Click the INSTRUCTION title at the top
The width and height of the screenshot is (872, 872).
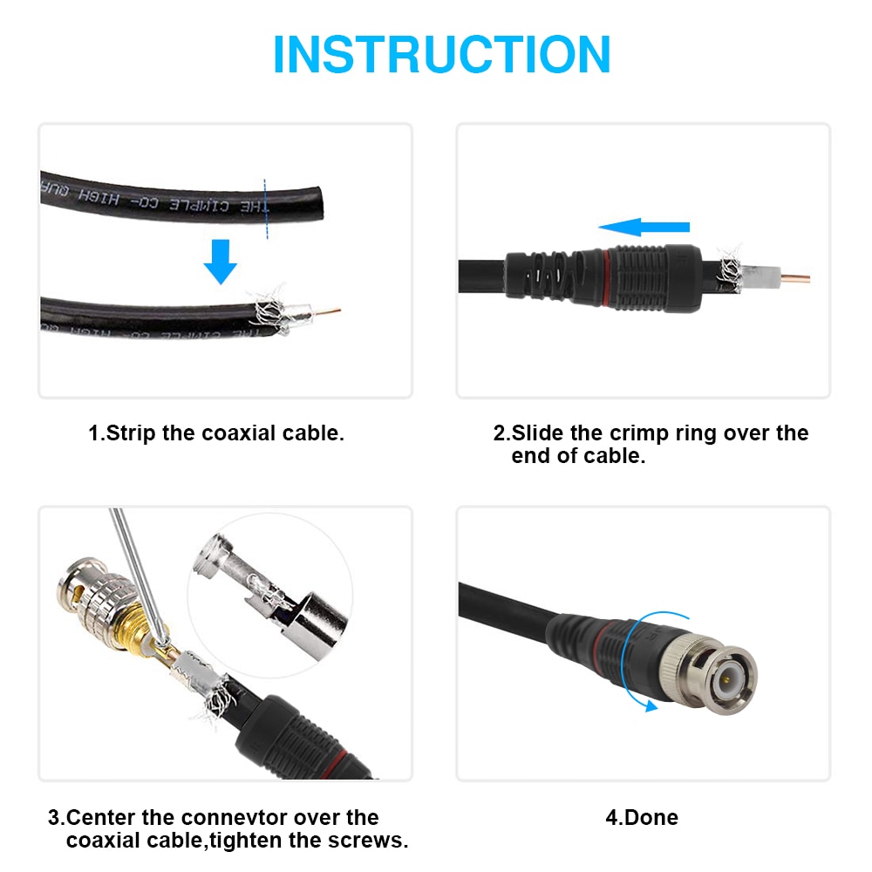[441, 54]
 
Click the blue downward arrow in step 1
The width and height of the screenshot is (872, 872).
[221, 261]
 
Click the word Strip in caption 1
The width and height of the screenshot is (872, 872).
[132, 433]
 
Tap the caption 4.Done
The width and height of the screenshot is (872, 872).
[642, 818]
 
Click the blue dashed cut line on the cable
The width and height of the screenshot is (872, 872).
[264, 209]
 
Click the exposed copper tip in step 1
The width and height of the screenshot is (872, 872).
[328, 310]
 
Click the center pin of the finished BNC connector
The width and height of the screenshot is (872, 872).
[727, 678]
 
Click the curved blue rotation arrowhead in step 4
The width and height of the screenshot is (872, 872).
[650, 707]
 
